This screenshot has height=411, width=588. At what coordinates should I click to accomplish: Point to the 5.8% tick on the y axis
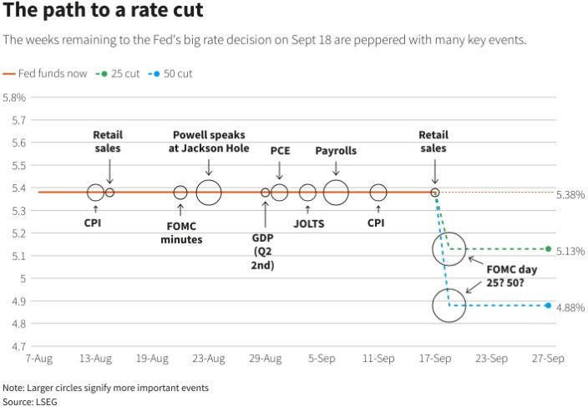click(14, 98)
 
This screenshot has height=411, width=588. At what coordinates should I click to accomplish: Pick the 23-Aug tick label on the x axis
click(209, 359)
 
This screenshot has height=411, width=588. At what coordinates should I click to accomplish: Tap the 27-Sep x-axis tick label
click(548, 359)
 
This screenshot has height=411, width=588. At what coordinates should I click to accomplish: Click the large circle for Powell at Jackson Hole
click(209, 193)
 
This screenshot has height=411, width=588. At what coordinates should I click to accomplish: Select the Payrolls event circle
click(336, 193)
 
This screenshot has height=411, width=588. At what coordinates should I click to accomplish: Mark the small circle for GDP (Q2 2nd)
click(266, 193)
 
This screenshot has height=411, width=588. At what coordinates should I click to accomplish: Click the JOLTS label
click(308, 223)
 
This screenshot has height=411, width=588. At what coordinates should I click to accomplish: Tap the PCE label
click(279, 151)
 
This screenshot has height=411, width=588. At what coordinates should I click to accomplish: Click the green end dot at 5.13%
click(548, 248)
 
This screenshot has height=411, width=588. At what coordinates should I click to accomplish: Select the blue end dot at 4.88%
click(548, 305)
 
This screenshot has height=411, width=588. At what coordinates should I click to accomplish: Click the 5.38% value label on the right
click(570, 194)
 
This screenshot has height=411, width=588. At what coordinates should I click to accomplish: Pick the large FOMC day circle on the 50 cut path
click(449, 306)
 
